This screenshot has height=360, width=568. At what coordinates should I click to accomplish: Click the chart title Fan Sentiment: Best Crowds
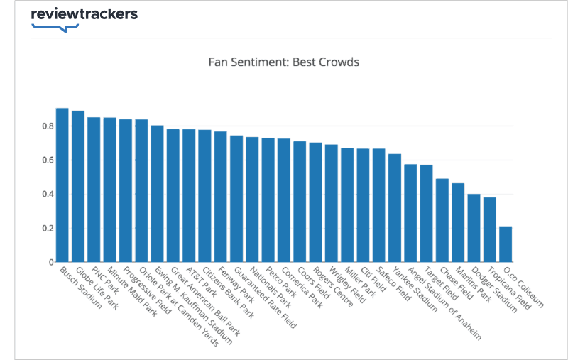tap(284, 62)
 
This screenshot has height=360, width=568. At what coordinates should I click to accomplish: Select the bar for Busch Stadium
tap(62, 185)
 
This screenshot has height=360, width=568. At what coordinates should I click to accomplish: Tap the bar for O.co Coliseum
tap(506, 244)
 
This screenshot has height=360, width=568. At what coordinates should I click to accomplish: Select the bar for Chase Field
tap(442, 220)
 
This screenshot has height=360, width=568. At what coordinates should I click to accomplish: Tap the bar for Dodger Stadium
tap(474, 228)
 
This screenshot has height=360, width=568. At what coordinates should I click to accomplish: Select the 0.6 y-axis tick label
tap(46, 160)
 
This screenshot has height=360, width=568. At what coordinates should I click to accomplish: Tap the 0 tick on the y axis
tap(51, 263)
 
